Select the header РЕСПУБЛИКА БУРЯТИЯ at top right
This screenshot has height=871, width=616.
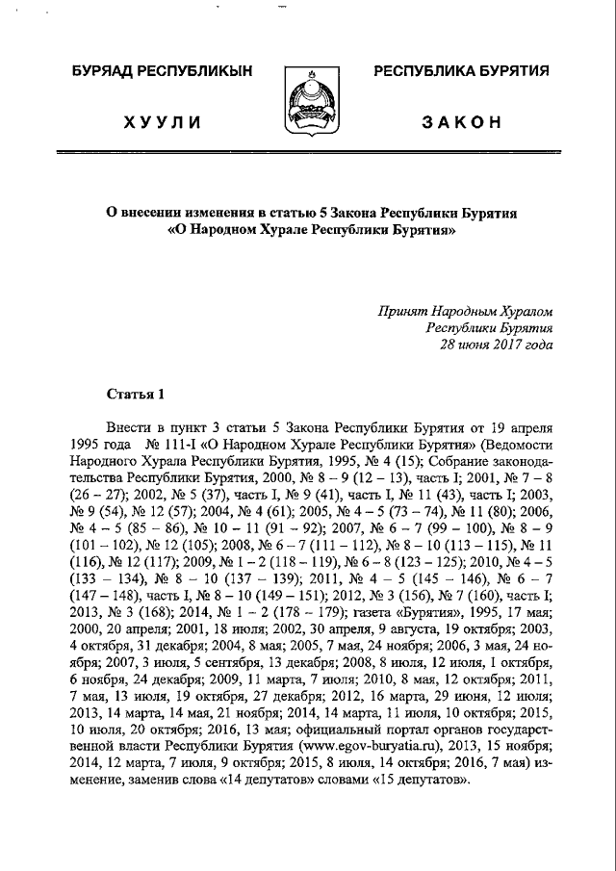[460, 72]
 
